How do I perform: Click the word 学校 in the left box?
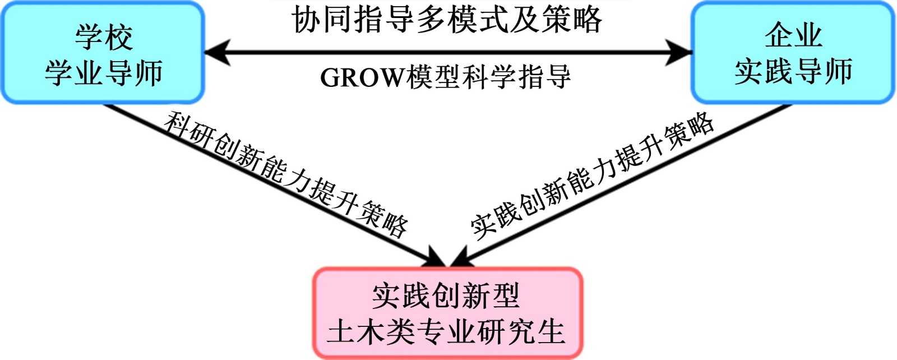pyautogui.click(x=104, y=38)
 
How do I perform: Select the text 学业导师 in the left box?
pyautogui.click(x=104, y=73)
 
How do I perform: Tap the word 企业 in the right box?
pyautogui.click(x=793, y=35)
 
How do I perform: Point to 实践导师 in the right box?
pyautogui.click(x=793, y=71)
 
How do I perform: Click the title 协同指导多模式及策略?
pyautogui.click(x=447, y=20)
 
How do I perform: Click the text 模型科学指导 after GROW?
pyautogui.click(x=488, y=77)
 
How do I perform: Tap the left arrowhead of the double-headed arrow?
pyautogui.click(x=216, y=53)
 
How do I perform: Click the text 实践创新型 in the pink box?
pyautogui.click(x=447, y=296)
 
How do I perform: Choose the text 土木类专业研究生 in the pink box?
pyautogui.click(x=447, y=331)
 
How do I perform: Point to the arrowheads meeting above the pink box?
pyautogui.click(x=447, y=259)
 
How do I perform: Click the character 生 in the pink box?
pyautogui.click(x=552, y=331)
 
